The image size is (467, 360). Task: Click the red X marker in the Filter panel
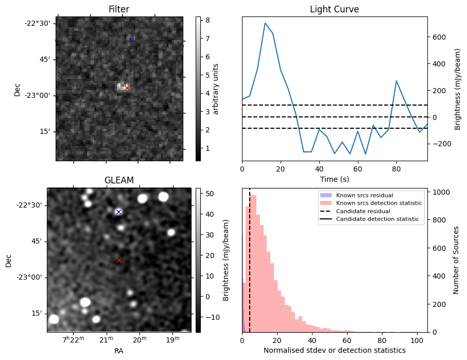tap(127, 88)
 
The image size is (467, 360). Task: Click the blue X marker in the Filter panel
tap(131, 40)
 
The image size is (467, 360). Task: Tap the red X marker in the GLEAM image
tap(119, 261)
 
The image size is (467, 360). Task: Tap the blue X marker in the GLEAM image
tap(118, 212)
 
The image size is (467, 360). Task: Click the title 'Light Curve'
tap(334, 9)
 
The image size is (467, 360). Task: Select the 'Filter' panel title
tap(119, 9)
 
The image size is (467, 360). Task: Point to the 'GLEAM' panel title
tap(119, 180)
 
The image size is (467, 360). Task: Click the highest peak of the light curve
tap(265, 23)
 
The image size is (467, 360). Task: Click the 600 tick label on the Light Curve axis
tap(440, 37)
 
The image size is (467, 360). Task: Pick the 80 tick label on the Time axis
tap(396, 169)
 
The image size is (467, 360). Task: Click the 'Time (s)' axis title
tap(334, 179)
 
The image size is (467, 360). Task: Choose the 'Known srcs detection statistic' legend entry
tap(378, 203)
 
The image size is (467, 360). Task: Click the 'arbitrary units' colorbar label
tap(216, 89)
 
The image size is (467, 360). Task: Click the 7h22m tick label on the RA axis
tap(73, 339)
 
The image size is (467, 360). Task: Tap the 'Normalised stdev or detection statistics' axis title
tap(334, 350)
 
